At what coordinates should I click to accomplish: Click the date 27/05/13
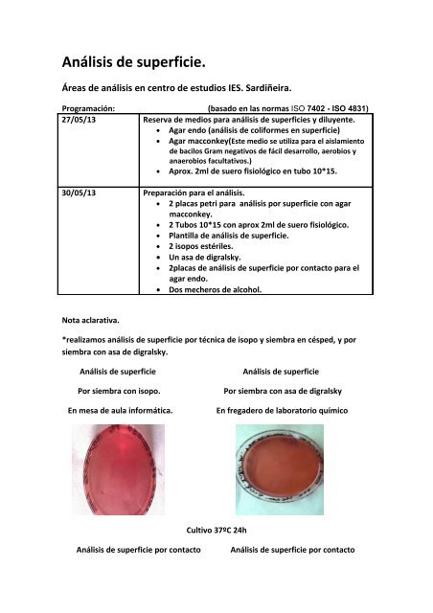pyautogui.click(x=80, y=121)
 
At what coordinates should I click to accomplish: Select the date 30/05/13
pyautogui.click(x=80, y=192)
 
